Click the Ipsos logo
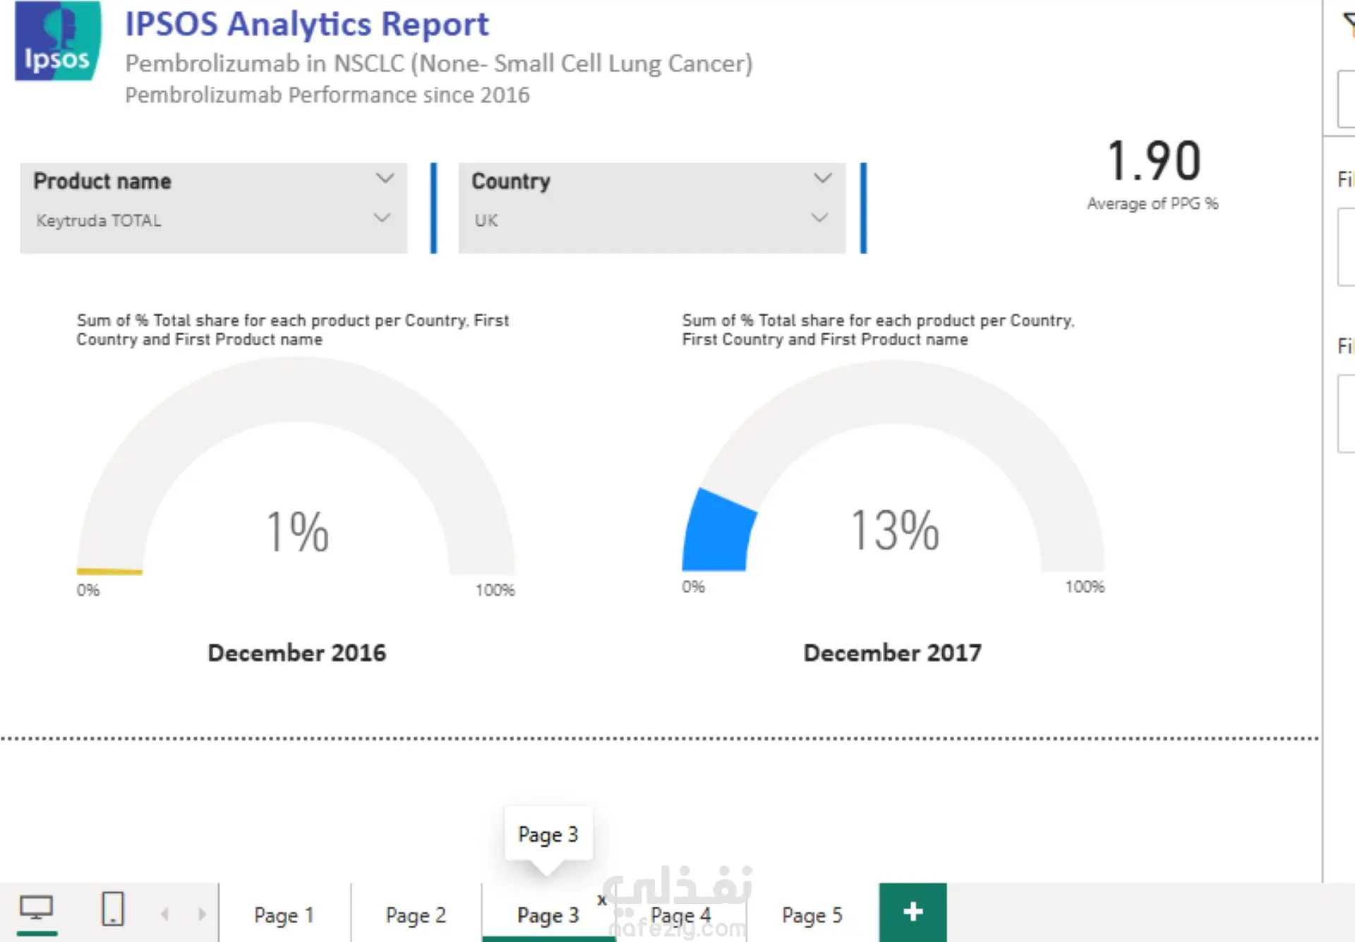pos(58,40)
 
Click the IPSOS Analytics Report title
pos(307,24)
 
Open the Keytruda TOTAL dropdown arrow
pos(382,218)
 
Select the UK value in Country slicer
pos(486,221)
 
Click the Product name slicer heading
pos(102,181)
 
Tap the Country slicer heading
pos(511,181)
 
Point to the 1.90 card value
pos(1154,161)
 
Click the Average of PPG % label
pos(1152,204)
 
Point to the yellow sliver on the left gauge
pos(109,572)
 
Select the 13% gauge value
pos(895,530)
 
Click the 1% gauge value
pos(298,531)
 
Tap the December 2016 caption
pos(297,653)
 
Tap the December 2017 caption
pos(893,653)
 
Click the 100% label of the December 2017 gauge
pos(1085,586)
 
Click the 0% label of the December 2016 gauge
pos(88,590)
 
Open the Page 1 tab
pos(284,915)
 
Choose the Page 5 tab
pos(812,915)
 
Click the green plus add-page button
pos(913,912)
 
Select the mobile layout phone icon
pos(113,909)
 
